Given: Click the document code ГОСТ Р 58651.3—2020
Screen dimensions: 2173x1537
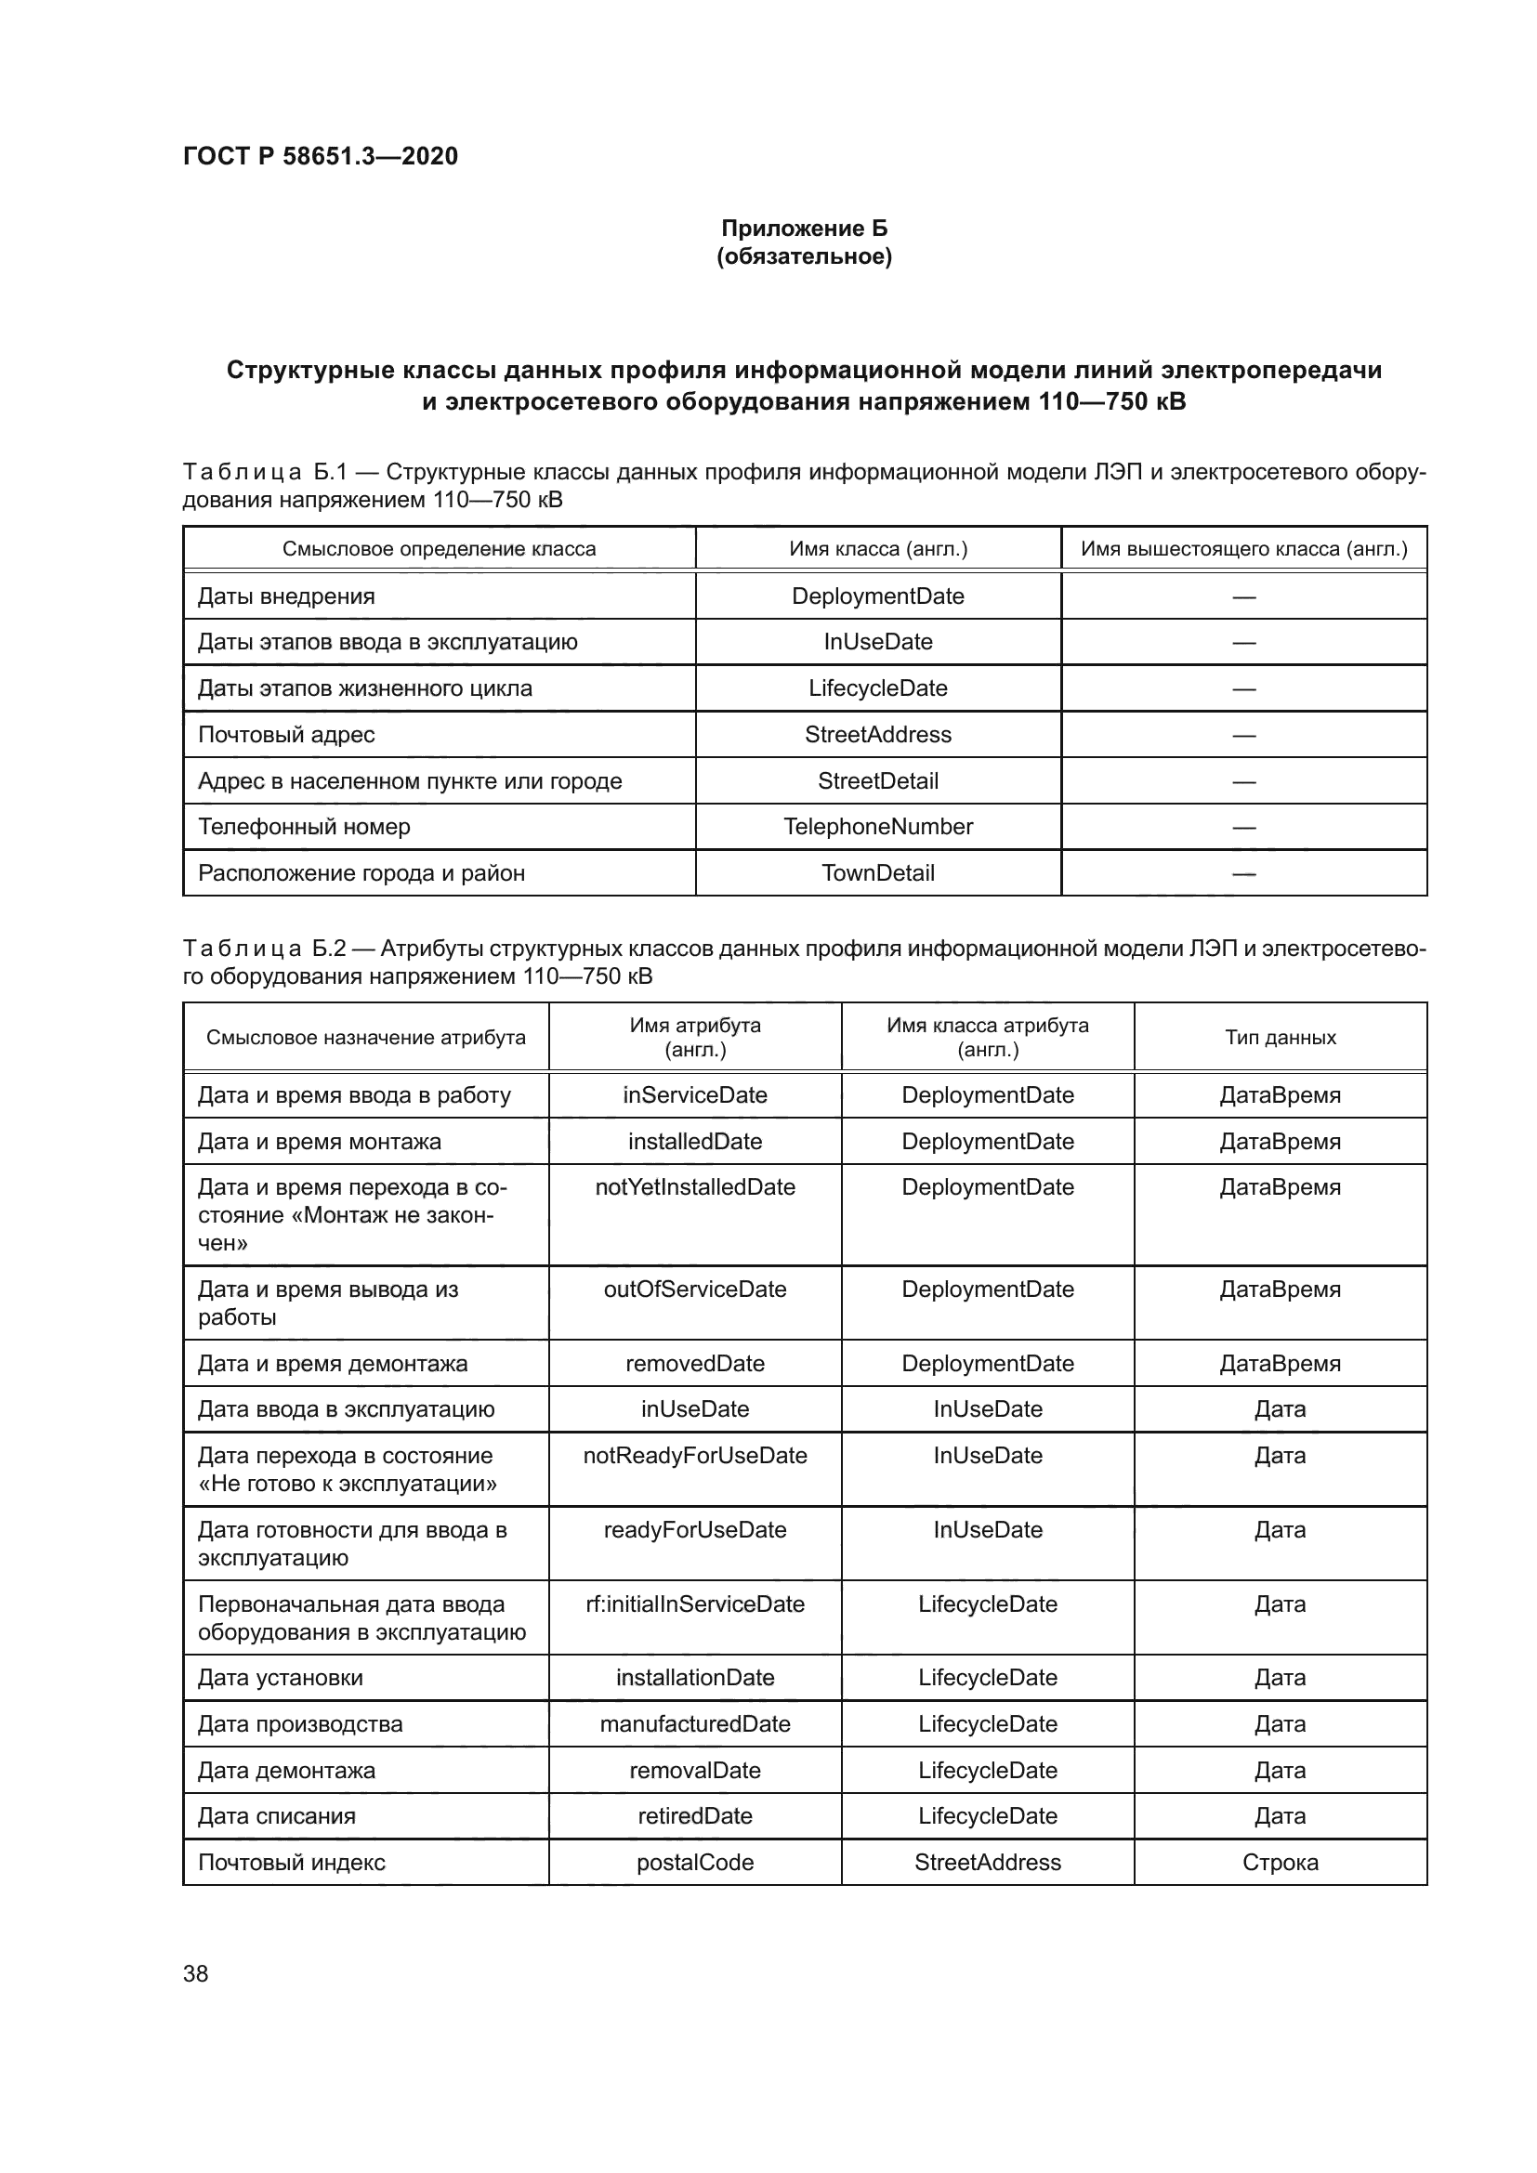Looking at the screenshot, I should (320, 156).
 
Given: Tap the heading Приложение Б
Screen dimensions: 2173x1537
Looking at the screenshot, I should (804, 229).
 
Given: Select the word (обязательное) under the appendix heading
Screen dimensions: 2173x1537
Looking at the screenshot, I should (804, 256).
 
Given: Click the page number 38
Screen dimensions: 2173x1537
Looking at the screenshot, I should (195, 1973).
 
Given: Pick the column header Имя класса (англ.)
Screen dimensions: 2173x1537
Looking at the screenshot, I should (877, 549).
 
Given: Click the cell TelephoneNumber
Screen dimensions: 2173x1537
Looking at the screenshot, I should (877, 827).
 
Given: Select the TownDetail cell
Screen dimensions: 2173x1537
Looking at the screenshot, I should (877, 872).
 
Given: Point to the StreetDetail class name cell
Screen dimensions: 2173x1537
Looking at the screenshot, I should (877, 780).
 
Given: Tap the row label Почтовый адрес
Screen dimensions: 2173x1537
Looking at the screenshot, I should (286, 735).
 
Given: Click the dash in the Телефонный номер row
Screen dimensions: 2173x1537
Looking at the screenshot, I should (1243, 828).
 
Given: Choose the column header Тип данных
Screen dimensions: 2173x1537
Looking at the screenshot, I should (1280, 1038).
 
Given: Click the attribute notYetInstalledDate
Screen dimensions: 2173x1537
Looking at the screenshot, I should (695, 1186).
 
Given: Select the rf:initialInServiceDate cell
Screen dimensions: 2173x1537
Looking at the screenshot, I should (695, 1604).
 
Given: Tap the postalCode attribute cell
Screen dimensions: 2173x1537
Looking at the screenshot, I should (695, 1863).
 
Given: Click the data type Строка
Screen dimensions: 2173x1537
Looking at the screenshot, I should (1280, 1863).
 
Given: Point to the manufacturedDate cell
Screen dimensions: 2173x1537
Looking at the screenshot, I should (695, 1724).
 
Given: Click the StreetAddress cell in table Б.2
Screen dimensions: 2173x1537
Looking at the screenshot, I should (987, 1863).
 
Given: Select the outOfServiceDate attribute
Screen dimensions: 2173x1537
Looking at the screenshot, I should (695, 1289).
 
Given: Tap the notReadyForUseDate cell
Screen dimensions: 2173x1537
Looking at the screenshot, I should (695, 1456).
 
